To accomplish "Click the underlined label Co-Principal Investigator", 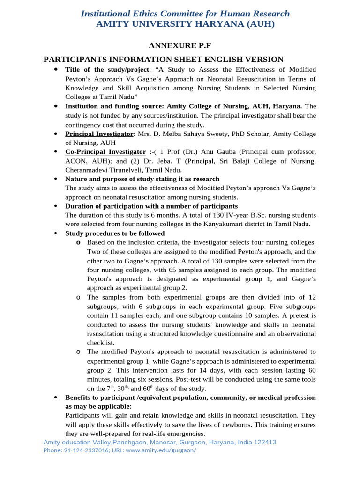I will [105, 152].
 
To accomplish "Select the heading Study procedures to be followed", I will [115, 233].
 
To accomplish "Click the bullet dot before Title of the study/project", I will [55, 69].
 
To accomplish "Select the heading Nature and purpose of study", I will [142, 179].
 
